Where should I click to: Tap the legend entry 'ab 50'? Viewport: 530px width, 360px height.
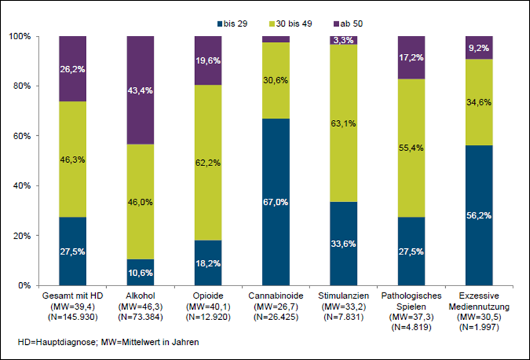point(347,23)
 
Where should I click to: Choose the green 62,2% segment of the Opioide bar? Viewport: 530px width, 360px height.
point(208,163)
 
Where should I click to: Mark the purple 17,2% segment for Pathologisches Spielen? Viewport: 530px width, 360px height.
point(411,57)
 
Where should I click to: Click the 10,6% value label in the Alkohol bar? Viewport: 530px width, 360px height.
point(141,270)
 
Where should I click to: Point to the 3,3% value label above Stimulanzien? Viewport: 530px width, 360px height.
point(344,40)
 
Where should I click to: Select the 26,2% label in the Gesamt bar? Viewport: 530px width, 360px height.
point(72,69)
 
